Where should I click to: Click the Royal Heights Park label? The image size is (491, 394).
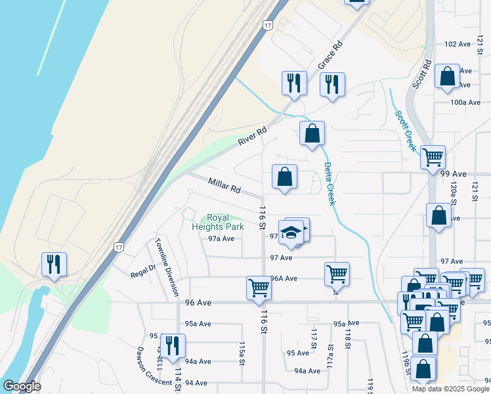point(217,222)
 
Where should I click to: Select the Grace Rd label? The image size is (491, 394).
point(331,56)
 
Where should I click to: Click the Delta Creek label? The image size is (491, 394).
point(329,184)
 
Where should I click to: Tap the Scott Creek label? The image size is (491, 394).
point(406,131)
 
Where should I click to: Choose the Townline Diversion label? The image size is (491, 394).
point(167,268)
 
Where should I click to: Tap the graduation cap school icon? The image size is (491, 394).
point(291,233)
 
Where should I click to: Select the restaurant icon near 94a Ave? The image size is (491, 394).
point(173,345)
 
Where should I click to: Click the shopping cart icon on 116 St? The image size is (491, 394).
point(259,288)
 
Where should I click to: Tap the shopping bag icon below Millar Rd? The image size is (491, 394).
point(284,177)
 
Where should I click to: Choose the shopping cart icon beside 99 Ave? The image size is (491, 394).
point(433,158)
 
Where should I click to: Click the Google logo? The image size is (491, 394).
point(21,386)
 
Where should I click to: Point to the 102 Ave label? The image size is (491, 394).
point(458,44)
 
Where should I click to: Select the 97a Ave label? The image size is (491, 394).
point(221,238)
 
